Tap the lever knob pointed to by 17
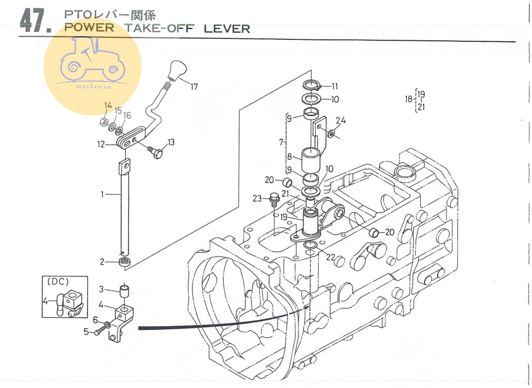pyautogui.click(x=175, y=71)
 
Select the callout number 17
pyautogui.click(x=194, y=87)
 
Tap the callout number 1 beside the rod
pyautogui.click(x=102, y=194)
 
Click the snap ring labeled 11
pyautogui.click(x=311, y=85)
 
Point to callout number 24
pyautogui.click(x=340, y=120)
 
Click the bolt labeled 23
pyautogui.click(x=273, y=199)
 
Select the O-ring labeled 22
pyautogui.click(x=310, y=246)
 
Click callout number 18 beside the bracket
pyautogui.click(x=408, y=99)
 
